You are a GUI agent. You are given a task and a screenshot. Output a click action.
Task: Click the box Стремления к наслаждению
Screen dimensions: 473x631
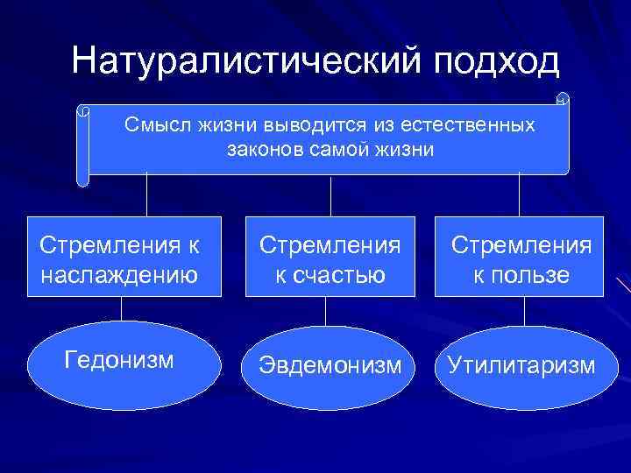(x=121, y=256)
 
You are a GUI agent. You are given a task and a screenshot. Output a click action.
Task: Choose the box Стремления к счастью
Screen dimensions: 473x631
(x=328, y=256)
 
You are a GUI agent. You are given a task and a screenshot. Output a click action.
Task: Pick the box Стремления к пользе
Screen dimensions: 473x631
(x=521, y=256)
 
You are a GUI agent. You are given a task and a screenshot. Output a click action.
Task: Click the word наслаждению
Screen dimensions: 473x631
(x=121, y=276)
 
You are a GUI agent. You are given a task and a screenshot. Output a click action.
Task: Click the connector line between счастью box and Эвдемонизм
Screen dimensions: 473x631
(x=326, y=312)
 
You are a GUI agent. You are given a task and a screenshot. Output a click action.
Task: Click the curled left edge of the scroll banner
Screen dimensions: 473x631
(x=82, y=145)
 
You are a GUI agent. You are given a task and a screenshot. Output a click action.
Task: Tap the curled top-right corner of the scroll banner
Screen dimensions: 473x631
(x=563, y=98)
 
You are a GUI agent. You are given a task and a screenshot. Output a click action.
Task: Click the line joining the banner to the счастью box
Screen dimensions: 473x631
(x=330, y=195)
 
